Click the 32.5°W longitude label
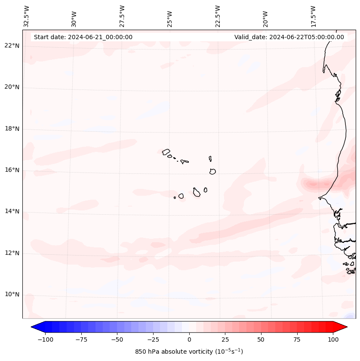[27, 16]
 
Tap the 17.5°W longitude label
[313, 16]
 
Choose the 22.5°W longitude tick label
[218, 16]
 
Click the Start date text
[83, 37]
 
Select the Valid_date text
[289, 37]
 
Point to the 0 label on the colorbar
[189, 339]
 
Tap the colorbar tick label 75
[297, 339]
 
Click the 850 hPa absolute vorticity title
[189, 352]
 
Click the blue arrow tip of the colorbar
[35, 327]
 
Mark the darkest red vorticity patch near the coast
[313, 184]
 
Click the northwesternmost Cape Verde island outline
[166, 151]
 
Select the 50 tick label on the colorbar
[261, 339]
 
